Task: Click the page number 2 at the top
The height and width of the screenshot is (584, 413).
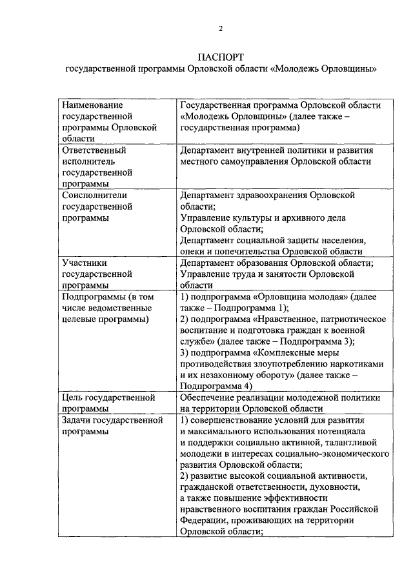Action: (x=219, y=28)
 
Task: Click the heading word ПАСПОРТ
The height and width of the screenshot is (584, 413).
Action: (x=219, y=57)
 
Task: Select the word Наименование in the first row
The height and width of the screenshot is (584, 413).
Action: (x=92, y=105)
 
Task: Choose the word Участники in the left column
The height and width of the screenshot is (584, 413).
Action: (x=84, y=263)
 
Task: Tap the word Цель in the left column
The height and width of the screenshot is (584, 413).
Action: (x=72, y=398)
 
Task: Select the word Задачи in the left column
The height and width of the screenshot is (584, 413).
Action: (x=76, y=421)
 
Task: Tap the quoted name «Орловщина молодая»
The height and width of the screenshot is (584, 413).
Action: (x=295, y=297)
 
